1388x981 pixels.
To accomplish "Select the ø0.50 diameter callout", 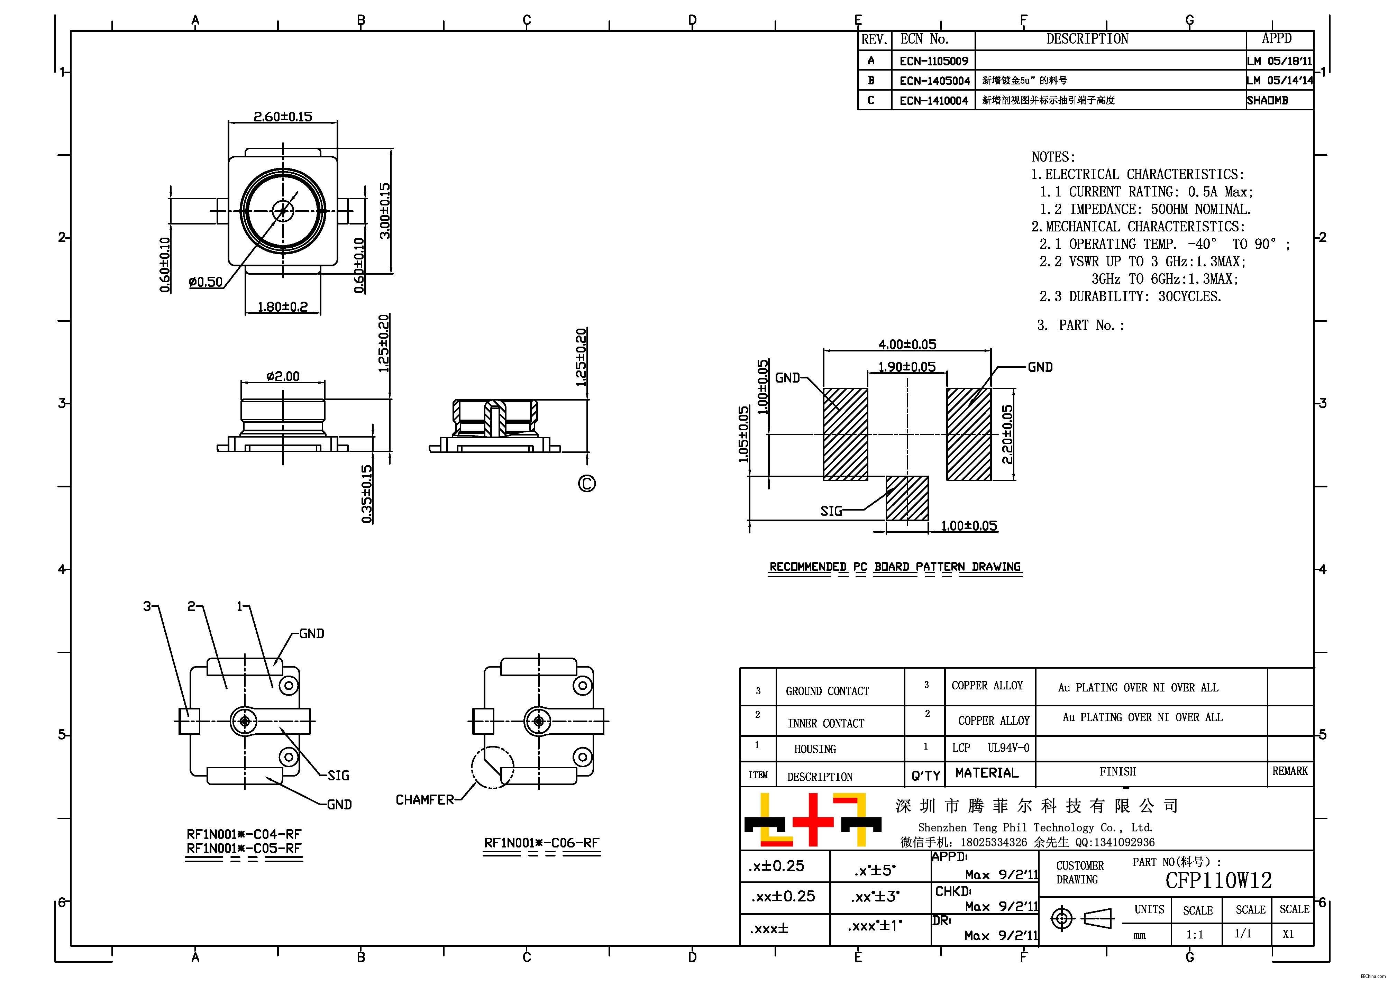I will (x=206, y=282).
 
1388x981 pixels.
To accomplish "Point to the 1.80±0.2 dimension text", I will (x=282, y=306).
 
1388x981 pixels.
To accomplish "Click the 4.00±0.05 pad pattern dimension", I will (x=907, y=345).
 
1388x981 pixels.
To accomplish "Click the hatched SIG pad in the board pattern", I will (x=907, y=498).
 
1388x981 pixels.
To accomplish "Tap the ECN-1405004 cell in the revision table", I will (x=934, y=80).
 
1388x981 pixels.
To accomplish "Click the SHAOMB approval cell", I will (x=1267, y=100).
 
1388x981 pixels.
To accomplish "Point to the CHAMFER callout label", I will (x=424, y=800).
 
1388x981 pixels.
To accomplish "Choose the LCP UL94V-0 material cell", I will (x=989, y=748).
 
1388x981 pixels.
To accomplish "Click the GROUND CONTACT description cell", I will (x=827, y=691).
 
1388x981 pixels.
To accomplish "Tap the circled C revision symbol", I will (x=586, y=484).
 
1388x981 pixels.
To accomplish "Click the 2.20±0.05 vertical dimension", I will (x=1007, y=434).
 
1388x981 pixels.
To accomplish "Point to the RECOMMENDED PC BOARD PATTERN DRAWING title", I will (x=895, y=567).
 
